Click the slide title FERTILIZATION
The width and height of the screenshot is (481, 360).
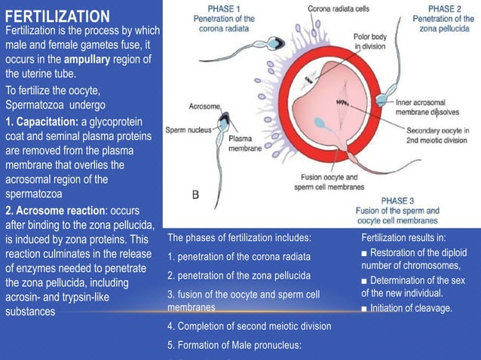(57, 16)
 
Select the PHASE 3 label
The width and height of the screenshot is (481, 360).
(397, 201)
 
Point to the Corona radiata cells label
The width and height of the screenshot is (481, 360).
(339, 8)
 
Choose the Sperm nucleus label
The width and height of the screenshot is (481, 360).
(188, 130)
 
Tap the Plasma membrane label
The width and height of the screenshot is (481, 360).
(244, 144)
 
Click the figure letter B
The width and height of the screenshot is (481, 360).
(196, 194)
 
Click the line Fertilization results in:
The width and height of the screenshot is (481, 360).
(403, 238)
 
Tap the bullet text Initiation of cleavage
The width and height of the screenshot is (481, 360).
(411, 308)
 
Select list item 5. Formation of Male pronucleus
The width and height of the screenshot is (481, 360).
(234, 345)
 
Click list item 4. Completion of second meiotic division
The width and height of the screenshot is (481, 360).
(249, 326)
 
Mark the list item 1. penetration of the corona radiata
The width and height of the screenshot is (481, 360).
(238, 257)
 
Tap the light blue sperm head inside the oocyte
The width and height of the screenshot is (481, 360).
(320, 124)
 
